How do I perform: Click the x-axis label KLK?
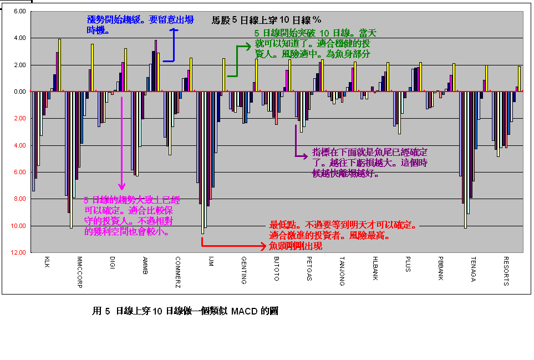pyautogui.click(x=47, y=262)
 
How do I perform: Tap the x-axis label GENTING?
pyautogui.click(x=243, y=270)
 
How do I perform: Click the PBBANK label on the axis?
pyautogui.click(x=440, y=269)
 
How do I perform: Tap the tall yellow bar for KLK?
pyautogui.click(x=59, y=65)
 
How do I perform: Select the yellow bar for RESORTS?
pyautogui.click(x=520, y=79)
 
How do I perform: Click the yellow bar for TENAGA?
pyautogui.click(x=486, y=78)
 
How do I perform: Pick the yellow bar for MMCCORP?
pyautogui.click(x=92, y=68)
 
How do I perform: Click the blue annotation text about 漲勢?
pyautogui.click(x=140, y=24)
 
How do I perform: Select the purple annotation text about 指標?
pyautogui.click(x=370, y=162)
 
